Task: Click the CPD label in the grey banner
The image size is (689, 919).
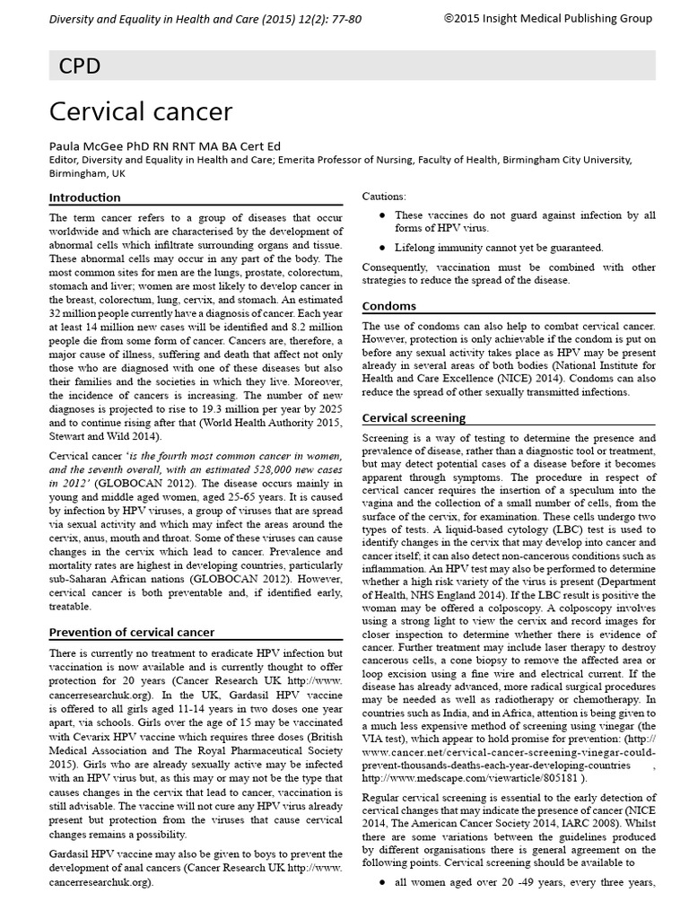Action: (79, 66)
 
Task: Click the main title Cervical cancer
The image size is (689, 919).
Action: (140, 111)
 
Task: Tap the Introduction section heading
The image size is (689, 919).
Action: (84, 197)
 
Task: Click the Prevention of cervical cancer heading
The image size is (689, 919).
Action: (131, 632)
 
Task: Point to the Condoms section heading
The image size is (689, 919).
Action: (388, 306)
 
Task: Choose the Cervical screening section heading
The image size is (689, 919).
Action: (413, 417)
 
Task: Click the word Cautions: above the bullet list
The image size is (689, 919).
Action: (383, 196)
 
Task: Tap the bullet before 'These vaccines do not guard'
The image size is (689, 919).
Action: (383, 215)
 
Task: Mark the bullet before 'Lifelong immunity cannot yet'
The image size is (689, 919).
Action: (383, 247)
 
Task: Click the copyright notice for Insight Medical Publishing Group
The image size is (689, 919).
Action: (547, 18)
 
